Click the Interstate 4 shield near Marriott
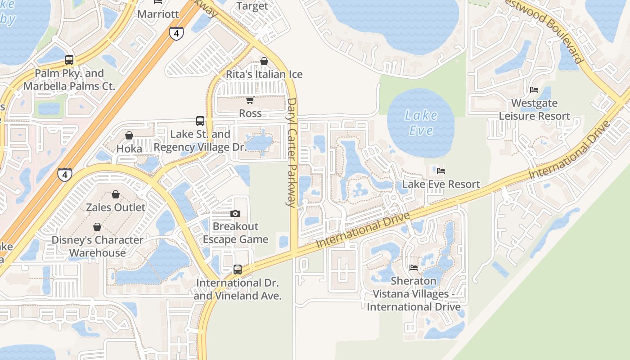coord(176,33)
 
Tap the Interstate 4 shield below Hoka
coord(65,174)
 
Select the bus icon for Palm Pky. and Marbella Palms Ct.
coord(69,59)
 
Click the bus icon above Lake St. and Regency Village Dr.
coord(200,121)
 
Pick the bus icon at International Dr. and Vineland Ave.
coord(238,270)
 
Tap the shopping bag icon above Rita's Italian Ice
coord(264,61)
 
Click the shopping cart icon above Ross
coord(250,100)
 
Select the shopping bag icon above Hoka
coord(129,135)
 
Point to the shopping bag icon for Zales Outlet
coord(116,194)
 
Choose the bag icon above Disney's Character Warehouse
coord(97,226)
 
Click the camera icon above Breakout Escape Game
coord(235,213)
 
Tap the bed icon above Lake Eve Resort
coord(441,171)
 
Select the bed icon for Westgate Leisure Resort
coord(534,90)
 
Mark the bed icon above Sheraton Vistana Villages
coord(414,267)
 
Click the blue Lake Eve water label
coord(421,123)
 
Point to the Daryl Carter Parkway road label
coord(292,153)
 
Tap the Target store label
coord(252,6)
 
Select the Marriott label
coord(158,14)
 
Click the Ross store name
coord(250,113)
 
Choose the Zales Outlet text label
coord(116,207)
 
